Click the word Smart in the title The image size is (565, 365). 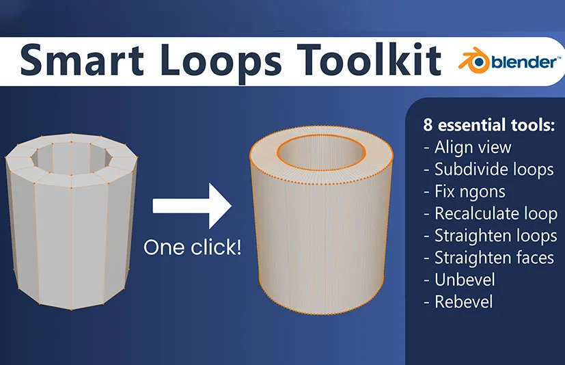82,60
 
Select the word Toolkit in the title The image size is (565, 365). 369,59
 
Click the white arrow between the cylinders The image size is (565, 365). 192,206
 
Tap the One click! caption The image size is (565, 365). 192,247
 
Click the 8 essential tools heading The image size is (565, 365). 489,125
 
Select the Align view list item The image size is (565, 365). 468,147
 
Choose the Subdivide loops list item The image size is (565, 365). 489,170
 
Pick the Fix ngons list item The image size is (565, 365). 465,191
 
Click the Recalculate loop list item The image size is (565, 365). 491,213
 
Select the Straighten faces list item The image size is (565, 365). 489,258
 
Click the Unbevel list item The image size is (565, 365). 460,280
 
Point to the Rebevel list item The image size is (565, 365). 458,302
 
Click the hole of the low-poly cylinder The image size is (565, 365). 71,159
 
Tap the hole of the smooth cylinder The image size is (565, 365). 321,153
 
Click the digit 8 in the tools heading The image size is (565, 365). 428,125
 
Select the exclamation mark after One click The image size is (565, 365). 238,247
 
